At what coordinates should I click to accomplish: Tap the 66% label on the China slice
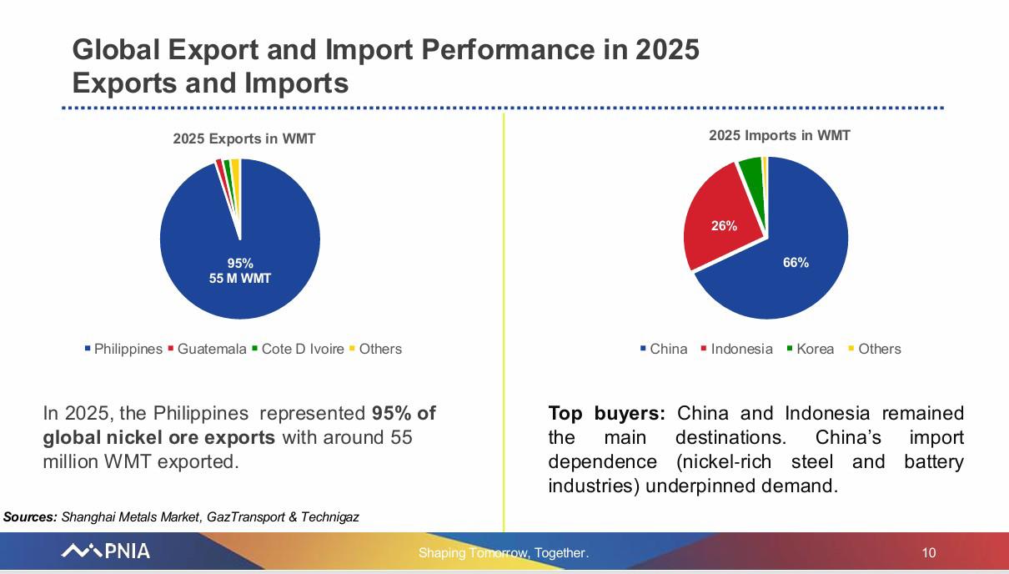coord(796,262)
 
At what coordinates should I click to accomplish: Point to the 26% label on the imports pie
coord(724,226)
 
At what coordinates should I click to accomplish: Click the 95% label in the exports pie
coord(240,263)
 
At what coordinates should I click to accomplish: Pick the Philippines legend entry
coord(123,349)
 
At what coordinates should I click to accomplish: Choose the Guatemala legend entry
coord(207,349)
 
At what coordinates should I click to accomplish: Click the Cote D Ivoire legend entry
coord(298,349)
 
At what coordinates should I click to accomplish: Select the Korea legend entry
coord(811,349)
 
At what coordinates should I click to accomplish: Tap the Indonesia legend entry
coord(737,349)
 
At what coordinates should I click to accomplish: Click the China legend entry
coord(664,349)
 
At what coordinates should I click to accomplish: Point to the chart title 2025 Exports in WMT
coord(244,138)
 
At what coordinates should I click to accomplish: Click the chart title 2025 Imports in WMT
coord(780,135)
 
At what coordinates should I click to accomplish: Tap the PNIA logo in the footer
coord(105,551)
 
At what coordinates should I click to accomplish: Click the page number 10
coord(929,553)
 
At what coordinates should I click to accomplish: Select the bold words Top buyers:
coord(607,414)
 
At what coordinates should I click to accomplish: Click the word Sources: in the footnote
coord(30,516)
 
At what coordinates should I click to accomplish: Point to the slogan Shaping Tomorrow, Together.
coord(504,553)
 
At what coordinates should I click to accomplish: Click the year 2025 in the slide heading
coord(668,49)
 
